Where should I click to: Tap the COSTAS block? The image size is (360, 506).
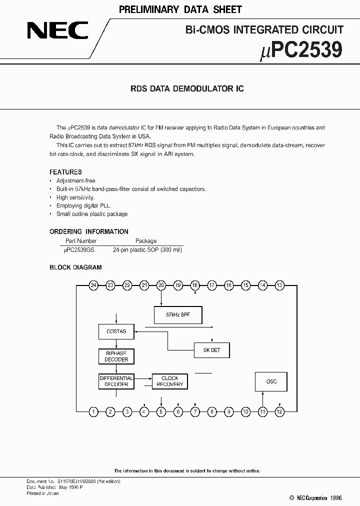[116, 331]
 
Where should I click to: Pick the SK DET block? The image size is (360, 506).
[211, 350]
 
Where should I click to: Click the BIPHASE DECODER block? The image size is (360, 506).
[116, 356]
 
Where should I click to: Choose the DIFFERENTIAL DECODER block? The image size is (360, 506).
[116, 381]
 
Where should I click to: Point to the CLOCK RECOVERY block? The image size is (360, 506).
[169, 381]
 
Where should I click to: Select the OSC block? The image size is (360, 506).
[271, 381]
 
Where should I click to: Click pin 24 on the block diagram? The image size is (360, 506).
[93, 285]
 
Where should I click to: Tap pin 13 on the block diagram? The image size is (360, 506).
[279, 285]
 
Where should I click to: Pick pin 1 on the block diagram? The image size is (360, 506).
[93, 412]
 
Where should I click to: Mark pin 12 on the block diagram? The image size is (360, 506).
[279, 412]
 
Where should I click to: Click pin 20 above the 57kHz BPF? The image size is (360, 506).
[161, 285]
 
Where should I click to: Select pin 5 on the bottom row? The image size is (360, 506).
[161, 412]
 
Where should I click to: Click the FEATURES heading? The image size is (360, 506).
[65, 172]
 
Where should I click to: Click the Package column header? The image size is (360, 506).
[146, 240]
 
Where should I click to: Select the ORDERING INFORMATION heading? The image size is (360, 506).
[88, 231]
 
